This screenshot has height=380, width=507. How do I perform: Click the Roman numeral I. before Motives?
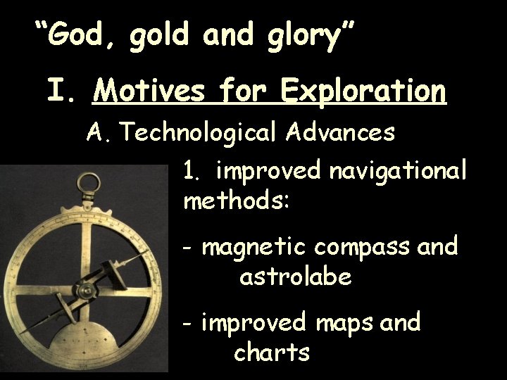click(61, 91)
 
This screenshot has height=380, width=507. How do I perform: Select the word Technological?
click(203, 132)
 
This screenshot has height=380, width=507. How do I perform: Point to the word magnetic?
click(254, 247)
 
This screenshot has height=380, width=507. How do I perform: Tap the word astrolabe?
click(295, 277)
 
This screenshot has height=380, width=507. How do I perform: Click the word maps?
click(346, 323)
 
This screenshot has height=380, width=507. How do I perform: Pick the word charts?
click(272, 352)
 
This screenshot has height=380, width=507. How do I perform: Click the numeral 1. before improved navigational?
click(192, 171)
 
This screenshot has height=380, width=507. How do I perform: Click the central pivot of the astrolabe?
click(88, 289)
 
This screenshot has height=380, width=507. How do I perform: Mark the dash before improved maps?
click(187, 324)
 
